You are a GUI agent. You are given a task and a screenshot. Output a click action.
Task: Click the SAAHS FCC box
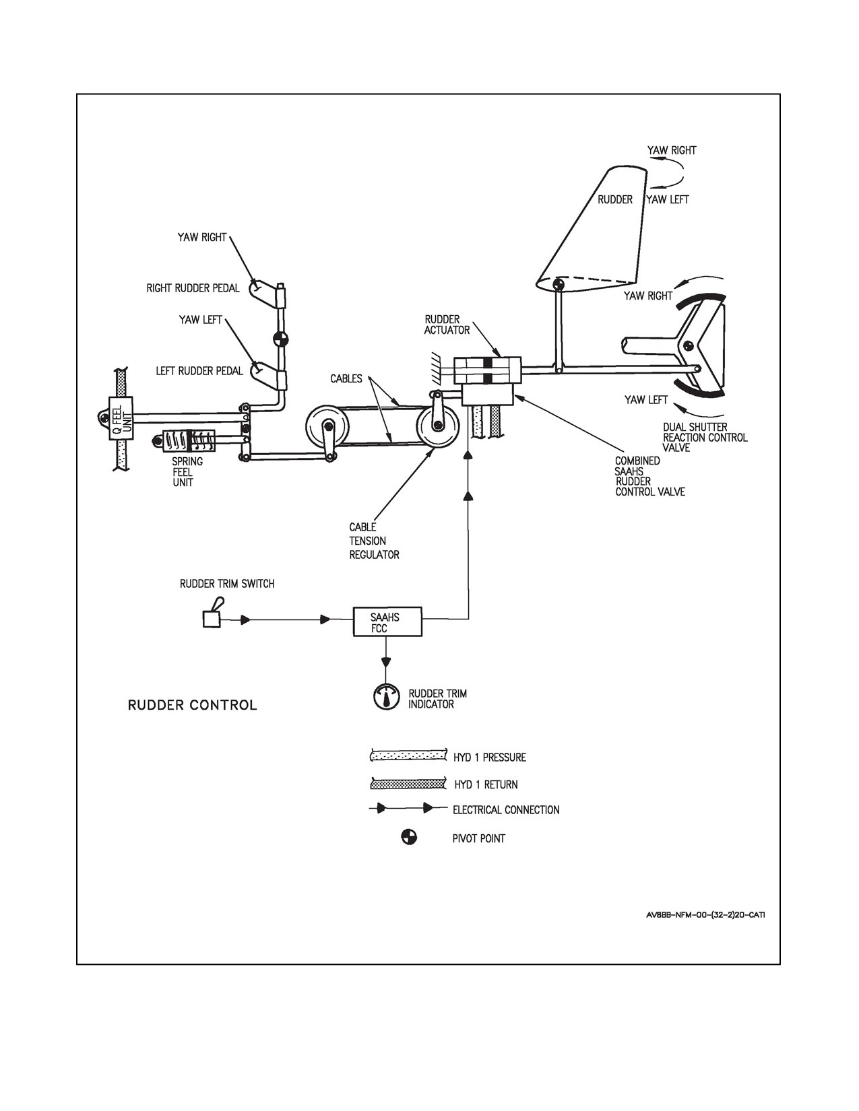[x=387, y=621]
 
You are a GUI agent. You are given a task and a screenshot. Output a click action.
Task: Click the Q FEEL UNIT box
[x=120, y=418]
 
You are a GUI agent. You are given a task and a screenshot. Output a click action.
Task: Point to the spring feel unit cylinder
[x=190, y=441]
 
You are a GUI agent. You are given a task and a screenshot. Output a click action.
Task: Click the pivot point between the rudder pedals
[x=280, y=339]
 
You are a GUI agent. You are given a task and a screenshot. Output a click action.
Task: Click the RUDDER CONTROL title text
[x=193, y=706]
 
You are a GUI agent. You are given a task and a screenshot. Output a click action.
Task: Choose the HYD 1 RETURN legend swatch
[x=407, y=784]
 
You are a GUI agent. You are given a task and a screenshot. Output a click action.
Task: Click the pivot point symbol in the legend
[x=409, y=838]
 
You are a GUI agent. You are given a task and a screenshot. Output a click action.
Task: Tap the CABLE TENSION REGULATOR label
[x=374, y=541]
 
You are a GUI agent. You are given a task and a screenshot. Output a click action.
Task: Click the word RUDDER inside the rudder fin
[x=615, y=200]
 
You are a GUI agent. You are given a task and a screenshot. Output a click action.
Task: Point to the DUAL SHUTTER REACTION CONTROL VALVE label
[x=705, y=438]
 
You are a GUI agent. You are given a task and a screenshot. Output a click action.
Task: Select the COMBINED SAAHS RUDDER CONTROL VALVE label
[x=649, y=477]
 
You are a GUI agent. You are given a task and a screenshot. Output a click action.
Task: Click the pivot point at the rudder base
[x=559, y=283]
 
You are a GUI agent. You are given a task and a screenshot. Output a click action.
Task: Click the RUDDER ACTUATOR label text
[x=447, y=325]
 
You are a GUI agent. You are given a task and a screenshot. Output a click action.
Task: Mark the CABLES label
[x=346, y=379]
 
